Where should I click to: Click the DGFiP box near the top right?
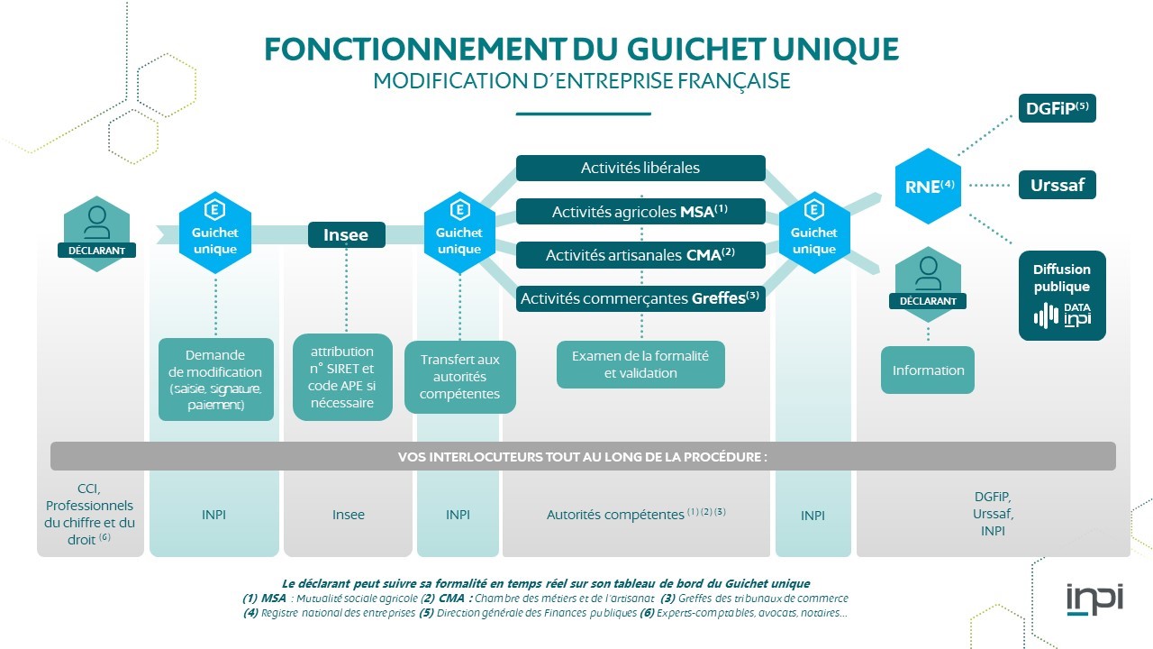[x=1057, y=108]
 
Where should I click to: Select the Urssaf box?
[x=1057, y=187]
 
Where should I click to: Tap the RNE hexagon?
[x=928, y=187]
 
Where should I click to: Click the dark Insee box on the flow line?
[x=347, y=234]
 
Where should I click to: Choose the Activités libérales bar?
[x=640, y=168]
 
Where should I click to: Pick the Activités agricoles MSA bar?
[x=640, y=212]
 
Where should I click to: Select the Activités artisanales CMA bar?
[x=640, y=255]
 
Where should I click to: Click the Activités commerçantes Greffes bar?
[x=640, y=298]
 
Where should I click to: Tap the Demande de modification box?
[x=215, y=379]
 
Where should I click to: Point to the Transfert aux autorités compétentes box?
[x=459, y=377]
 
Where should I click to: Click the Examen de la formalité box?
[x=640, y=364]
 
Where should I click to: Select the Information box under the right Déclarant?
[x=928, y=370]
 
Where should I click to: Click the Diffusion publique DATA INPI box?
[x=1062, y=296]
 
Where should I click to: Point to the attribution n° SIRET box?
[x=342, y=377]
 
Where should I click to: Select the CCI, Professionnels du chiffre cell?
[x=90, y=514]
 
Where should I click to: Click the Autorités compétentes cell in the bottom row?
[x=636, y=515]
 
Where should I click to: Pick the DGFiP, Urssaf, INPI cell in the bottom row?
[x=992, y=514]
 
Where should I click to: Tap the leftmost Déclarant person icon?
[x=96, y=222]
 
